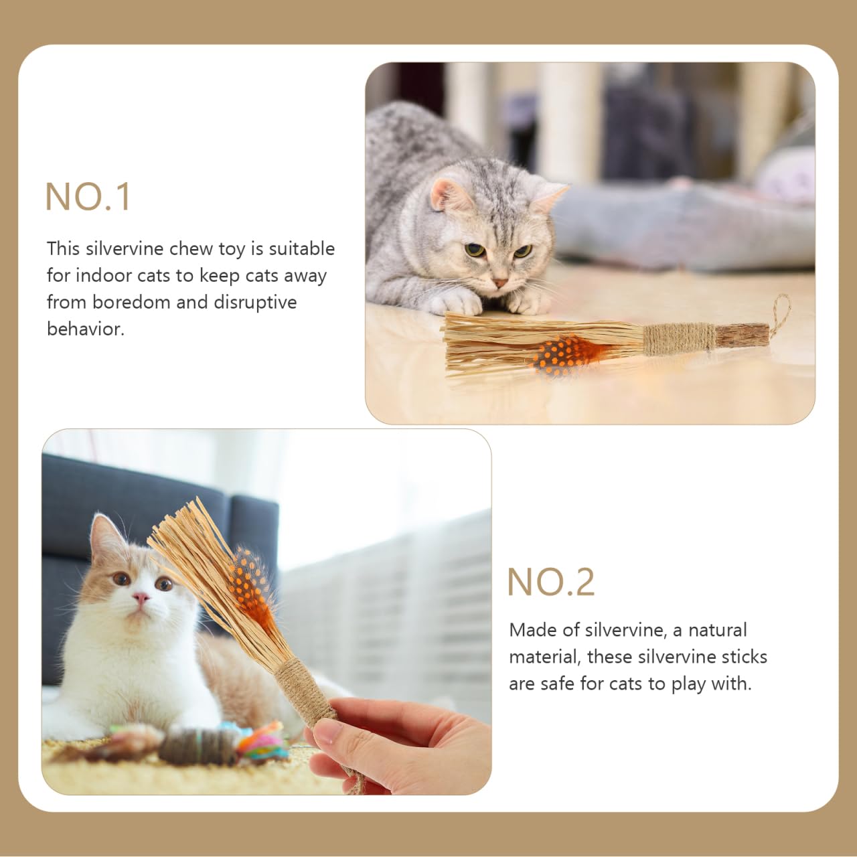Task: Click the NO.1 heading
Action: coord(88,197)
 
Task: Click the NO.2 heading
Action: coord(550,582)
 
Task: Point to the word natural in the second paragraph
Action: coord(717,630)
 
